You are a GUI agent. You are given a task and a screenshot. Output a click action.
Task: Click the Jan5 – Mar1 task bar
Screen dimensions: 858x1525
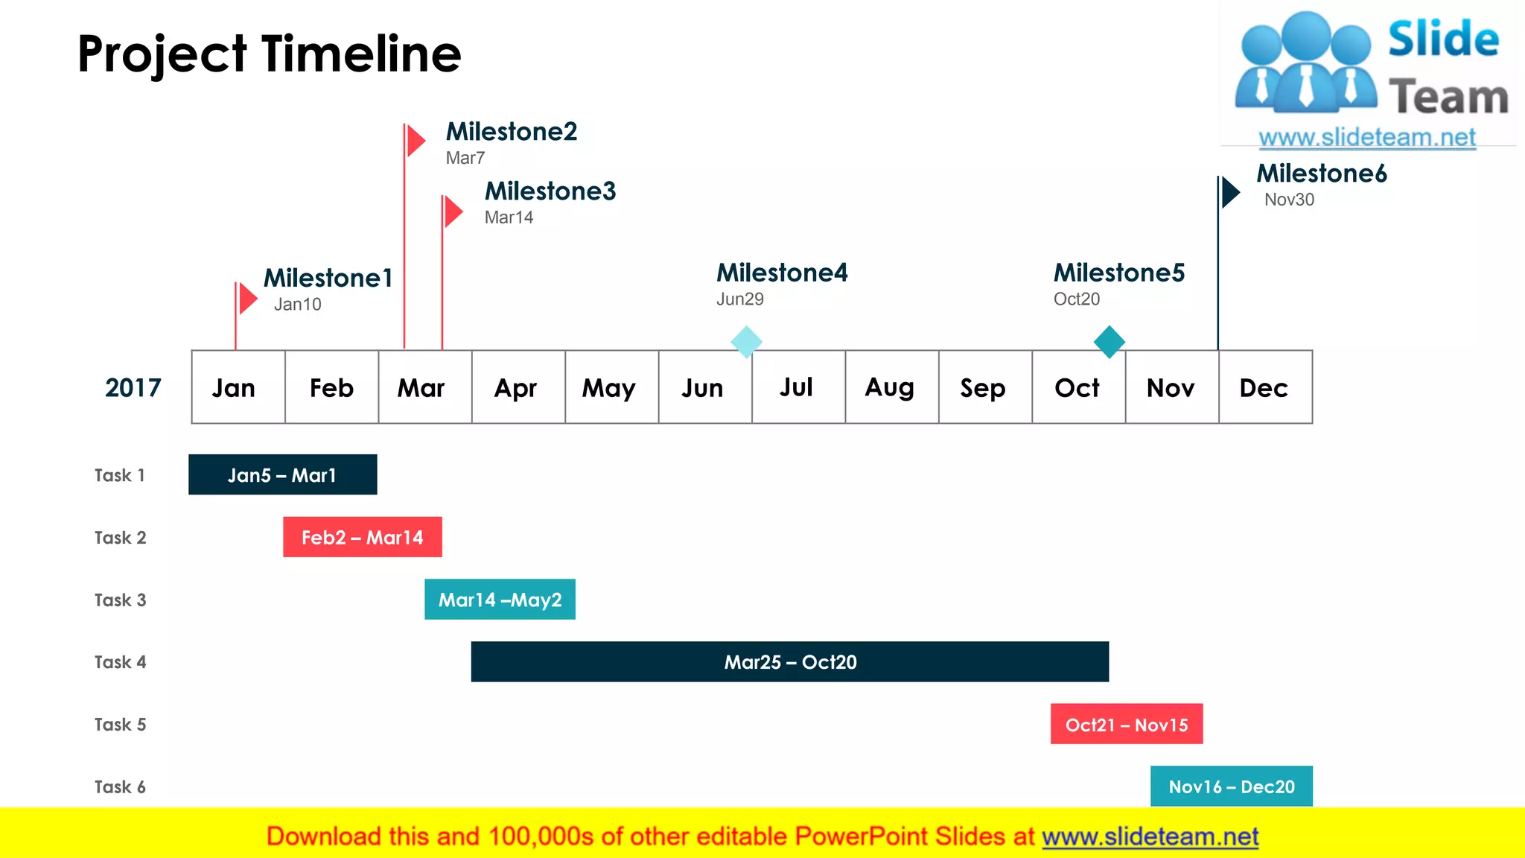(282, 474)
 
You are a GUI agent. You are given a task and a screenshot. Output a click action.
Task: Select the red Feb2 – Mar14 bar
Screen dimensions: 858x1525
(362, 537)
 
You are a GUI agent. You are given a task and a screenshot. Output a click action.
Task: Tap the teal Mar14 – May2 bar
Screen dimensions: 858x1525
(500, 600)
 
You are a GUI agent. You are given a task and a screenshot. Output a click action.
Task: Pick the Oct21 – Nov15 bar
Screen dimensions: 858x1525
(1126, 724)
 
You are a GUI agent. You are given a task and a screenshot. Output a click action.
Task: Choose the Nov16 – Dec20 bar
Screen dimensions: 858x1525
(1231, 786)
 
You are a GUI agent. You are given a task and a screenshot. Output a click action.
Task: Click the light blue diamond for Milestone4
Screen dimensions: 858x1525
(746, 342)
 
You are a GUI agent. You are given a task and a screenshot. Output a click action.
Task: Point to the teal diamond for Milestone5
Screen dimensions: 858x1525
(1109, 342)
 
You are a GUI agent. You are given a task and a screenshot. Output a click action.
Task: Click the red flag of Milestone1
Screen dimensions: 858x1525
(248, 299)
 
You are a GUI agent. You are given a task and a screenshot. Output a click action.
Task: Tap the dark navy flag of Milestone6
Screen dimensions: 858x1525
(1231, 192)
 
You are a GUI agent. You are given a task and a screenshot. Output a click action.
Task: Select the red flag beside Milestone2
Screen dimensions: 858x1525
(416, 141)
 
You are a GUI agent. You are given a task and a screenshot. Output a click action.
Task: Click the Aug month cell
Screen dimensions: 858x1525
(891, 387)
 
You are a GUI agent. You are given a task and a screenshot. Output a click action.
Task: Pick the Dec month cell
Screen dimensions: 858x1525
(1265, 387)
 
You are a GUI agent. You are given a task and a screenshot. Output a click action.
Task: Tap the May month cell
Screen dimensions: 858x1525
(611, 387)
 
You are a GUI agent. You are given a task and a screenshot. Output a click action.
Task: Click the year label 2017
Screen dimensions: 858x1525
(133, 388)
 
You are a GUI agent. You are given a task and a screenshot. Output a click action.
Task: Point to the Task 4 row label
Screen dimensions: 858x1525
(120, 662)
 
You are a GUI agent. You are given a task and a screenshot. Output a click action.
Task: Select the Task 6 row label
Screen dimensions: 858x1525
(120, 787)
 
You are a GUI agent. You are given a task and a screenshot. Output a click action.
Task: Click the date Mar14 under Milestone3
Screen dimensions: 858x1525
(509, 217)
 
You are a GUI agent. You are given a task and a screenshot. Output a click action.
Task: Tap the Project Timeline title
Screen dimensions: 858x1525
(269, 54)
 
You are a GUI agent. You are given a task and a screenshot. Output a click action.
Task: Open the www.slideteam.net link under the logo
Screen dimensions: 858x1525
(1366, 137)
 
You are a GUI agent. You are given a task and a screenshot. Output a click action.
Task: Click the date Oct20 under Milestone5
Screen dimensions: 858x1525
(1076, 299)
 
